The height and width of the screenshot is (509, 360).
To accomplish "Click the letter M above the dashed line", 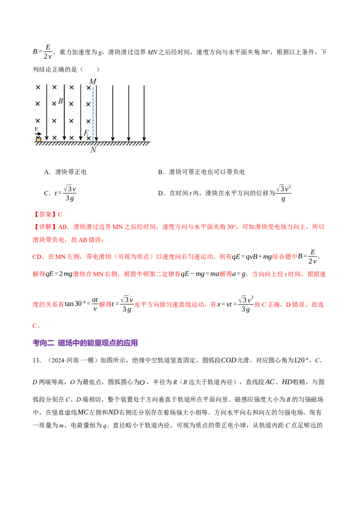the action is (x=93, y=81).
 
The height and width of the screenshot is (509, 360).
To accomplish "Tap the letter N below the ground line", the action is (x=93, y=150).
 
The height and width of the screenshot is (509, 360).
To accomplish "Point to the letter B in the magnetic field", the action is (x=61, y=101).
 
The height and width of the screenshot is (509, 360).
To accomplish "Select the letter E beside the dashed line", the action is (x=86, y=133).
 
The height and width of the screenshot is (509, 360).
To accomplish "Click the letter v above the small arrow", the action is (x=36, y=129).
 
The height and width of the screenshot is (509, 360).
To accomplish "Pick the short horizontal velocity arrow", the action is (x=39, y=134).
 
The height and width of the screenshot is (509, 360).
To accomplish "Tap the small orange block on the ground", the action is (x=39, y=140).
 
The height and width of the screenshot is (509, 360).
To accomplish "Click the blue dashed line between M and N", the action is (x=93, y=112).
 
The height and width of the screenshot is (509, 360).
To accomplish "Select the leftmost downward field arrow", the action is (x=47, y=112).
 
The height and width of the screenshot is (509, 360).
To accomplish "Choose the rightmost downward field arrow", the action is (x=144, y=112).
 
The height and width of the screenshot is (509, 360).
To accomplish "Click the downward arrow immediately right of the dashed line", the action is (x=96, y=112).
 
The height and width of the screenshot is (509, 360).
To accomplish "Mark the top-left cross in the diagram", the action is (x=38, y=87).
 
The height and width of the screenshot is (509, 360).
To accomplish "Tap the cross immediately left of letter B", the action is (x=54, y=104).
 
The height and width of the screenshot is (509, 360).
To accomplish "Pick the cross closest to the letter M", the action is (x=88, y=88).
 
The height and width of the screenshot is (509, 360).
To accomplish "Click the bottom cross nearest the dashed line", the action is (x=89, y=138).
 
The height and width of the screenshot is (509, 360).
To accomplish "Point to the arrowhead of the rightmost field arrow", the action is (x=144, y=139).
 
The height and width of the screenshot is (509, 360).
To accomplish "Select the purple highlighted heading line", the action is (x=86, y=344).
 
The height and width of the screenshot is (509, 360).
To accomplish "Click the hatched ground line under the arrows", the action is (x=94, y=143).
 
